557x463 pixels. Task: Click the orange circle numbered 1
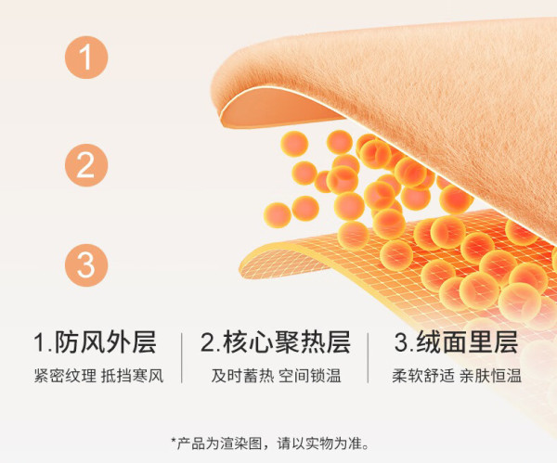86,58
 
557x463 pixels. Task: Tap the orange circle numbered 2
86,165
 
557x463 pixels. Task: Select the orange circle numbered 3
86,265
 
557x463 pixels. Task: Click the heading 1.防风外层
95,342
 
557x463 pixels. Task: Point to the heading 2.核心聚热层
276,342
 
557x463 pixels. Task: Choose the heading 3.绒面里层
456,342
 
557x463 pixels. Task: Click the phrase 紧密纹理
65,376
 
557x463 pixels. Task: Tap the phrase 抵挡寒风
133,376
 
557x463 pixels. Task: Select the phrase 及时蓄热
242,376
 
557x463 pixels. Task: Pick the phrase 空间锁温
310,376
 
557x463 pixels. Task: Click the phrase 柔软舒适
423,376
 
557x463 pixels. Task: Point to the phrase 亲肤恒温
490,376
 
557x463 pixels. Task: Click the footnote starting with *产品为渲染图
271,444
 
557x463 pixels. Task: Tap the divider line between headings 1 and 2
182,358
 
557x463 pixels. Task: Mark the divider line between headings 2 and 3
368,358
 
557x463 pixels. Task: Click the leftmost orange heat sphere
277,215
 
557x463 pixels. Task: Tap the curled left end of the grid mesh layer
270,261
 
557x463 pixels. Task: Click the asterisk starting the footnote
174,441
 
